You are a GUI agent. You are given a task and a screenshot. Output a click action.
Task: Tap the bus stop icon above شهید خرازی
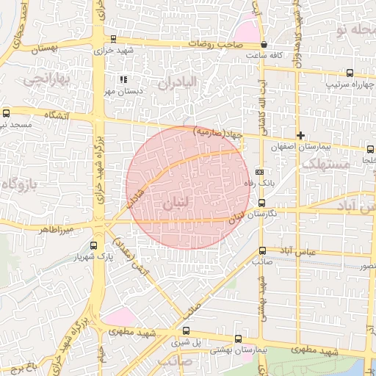coord(113,40)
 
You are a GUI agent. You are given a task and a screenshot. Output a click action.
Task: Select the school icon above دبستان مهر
coord(123,79)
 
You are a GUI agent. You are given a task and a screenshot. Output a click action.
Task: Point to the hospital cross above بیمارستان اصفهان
coord(300,135)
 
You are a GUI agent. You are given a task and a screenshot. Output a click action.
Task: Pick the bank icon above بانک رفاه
coord(258,171)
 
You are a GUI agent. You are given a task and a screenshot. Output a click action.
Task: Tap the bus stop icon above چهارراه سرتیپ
coord(349,73)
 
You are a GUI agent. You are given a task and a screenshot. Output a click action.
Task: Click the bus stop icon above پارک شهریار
coord(93,246)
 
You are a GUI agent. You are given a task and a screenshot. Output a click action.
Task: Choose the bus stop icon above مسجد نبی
coord(7,113)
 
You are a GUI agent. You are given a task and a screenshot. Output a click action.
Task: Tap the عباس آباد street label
coord(301,251)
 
